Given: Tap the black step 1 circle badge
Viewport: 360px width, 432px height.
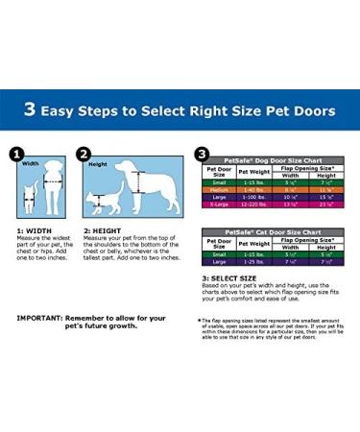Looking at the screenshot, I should (16, 153).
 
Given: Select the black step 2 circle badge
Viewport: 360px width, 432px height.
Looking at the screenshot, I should (84, 153).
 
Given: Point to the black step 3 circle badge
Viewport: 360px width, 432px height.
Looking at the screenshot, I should (202, 153).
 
